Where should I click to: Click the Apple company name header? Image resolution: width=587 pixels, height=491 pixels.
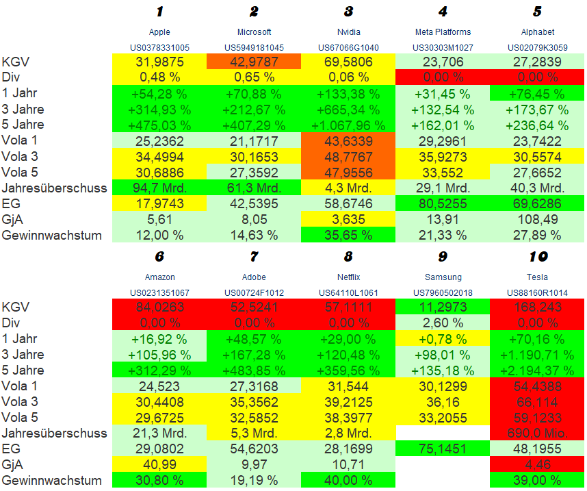tap(159, 32)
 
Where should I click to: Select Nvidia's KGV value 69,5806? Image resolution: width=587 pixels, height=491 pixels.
tap(348, 62)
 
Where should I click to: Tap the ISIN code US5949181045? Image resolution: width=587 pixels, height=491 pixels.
tap(254, 47)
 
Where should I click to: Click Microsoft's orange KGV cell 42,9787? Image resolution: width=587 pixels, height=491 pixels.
tap(254, 62)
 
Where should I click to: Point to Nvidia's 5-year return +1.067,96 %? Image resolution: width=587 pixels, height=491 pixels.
tap(348, 125)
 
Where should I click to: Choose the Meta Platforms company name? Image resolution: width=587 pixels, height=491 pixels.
tap(443, 32)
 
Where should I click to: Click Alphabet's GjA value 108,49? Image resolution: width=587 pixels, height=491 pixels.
tap(537, 219)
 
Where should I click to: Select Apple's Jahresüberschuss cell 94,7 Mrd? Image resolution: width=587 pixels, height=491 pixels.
tap(159, 188)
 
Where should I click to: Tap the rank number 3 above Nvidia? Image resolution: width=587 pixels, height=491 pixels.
tap(348, 12)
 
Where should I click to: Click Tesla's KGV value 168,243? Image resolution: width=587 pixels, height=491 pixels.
tap(537, 307)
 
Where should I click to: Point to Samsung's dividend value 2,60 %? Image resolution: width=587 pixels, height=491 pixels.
tap(443, 323)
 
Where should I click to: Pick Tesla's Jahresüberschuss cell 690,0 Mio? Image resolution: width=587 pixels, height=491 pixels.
tap(537, 433)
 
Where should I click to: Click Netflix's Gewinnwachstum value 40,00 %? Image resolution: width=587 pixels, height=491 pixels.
tap(348, 480)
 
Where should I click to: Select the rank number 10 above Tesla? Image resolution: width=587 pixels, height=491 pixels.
tap(537, 257)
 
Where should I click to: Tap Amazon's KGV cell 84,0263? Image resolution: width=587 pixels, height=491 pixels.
tap(159, 307)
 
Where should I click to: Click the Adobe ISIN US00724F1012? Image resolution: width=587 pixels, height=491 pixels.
tap(254, 292)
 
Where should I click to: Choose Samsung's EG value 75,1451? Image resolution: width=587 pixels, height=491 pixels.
tap(443, 449)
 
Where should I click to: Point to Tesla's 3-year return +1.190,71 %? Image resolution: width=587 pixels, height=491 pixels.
tap(537, 355)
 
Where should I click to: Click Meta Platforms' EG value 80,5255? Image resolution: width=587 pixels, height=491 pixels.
tap(443, 203)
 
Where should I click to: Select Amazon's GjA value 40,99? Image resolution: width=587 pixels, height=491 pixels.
tap(159, 464)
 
